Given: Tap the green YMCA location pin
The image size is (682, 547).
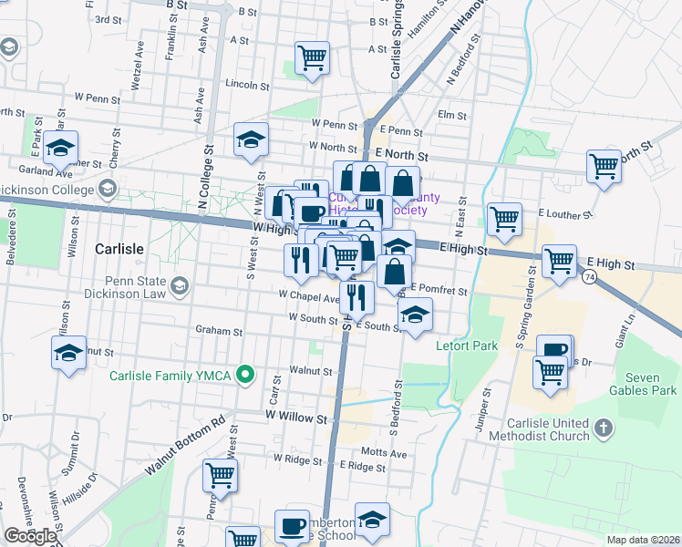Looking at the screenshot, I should (x=244, y=375).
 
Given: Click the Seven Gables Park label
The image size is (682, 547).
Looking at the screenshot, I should (x=649, y=384).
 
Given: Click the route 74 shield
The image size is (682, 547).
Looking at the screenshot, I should (x=591, y=276).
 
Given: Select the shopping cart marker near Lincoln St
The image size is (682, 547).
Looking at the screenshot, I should (x=312, y=58).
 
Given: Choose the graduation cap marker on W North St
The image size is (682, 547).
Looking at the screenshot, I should (x=251, y=140).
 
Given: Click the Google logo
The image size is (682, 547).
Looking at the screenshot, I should (x=30, y=536).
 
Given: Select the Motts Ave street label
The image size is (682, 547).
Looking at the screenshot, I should (x=382, y=451).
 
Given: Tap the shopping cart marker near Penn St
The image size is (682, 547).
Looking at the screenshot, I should (x=219, y=475).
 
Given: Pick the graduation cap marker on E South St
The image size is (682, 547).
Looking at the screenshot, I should (x=415, y=315).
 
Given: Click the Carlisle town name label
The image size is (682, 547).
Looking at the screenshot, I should (x=119, y=248).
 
